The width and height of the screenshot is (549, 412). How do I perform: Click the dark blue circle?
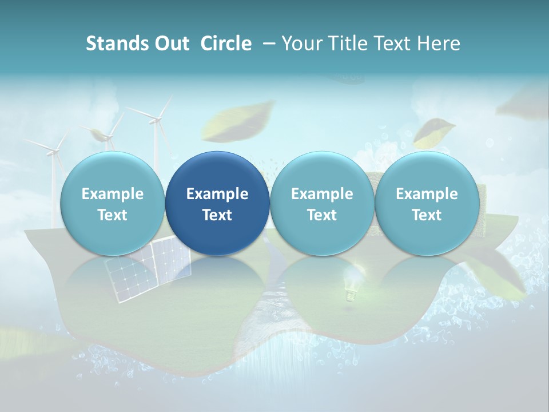[217, 203]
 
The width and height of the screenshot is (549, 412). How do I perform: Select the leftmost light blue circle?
[113, 203]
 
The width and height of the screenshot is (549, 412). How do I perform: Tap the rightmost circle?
[427, 203]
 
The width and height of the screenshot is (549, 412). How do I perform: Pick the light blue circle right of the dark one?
[322, 203]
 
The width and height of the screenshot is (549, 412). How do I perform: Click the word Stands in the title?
[117, 43]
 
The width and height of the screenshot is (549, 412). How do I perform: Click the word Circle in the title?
[226, 43]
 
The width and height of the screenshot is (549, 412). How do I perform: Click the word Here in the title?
[439, 43]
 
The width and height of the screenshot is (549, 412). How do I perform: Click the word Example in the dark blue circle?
[217, 194]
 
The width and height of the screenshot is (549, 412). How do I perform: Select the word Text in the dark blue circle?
[217, 215]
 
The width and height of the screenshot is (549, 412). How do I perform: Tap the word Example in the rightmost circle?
[427, 194]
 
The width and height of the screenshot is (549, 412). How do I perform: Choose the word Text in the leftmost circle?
[113, 215]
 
